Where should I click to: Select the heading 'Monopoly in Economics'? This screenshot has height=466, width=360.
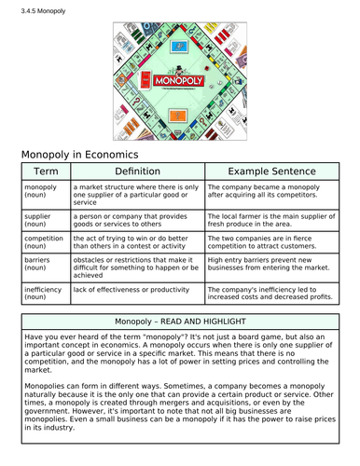(79, 153)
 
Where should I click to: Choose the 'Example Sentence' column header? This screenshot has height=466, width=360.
(270, 172)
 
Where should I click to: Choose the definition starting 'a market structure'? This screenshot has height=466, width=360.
(135, 194)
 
